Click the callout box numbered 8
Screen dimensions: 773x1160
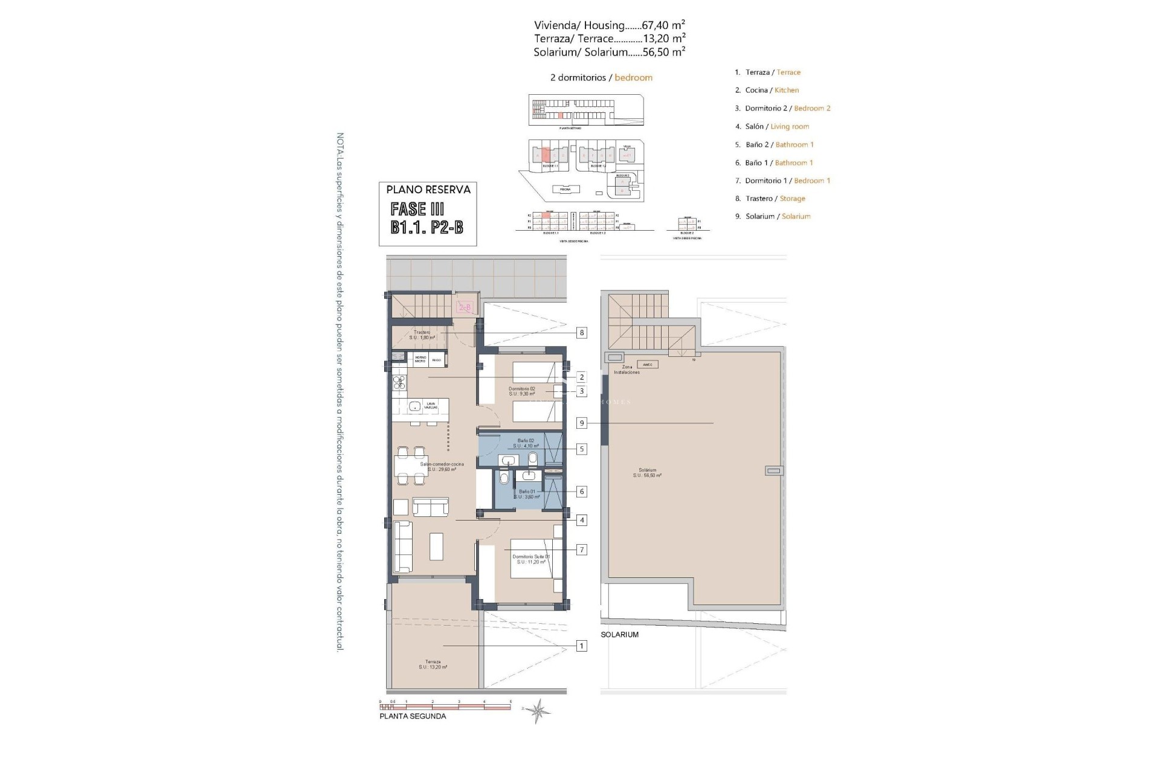(x=582, y=333)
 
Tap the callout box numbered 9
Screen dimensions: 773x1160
(x=582, y=423)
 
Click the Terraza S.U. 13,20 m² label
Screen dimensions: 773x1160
(x=433, y=664)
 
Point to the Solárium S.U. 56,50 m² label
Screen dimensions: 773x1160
(x=647, y=473)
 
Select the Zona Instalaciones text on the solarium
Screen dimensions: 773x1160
(x=627, y=370)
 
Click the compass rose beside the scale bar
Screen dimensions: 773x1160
(x=536, y=711)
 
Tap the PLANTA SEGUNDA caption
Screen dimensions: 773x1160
(x=413, y=716)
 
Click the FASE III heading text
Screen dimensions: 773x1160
(x=417, y=210)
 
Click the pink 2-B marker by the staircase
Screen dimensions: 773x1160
(x=465, y=308)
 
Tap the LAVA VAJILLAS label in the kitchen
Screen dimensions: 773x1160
(x=431, y=406)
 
